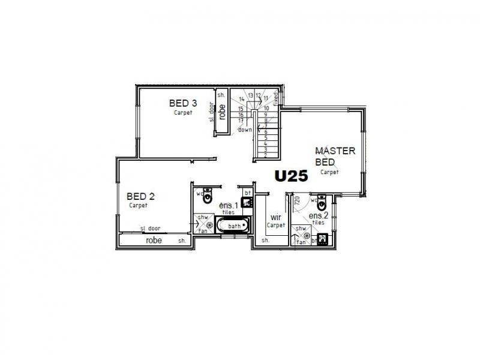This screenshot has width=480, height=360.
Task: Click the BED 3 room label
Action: [x=183, y=103]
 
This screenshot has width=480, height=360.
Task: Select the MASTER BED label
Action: [x=335, y=156]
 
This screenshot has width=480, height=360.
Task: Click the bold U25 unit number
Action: [x=291, y=176]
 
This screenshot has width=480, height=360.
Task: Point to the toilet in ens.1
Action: [x=208, y=196]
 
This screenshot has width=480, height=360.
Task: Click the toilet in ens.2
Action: [x=322, y=200]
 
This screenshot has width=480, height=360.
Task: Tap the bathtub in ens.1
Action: [x=231, y=226]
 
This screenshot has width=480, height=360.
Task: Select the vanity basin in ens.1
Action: [x=245, y=202]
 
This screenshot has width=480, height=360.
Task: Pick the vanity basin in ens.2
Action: [x=323, y=238]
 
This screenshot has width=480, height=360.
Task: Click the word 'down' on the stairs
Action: [x=245, y=130]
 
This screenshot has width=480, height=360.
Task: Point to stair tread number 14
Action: [x=242, y=99]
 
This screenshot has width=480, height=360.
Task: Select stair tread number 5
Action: [x=265, y=137]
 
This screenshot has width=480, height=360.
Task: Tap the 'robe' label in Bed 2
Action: [x=154, y=239]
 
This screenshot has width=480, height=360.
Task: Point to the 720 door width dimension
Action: [x=296, y=205]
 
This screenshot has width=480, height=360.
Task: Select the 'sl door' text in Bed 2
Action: [x=150, y=229]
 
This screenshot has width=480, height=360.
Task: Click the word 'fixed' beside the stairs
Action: [x=276, y=98]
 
